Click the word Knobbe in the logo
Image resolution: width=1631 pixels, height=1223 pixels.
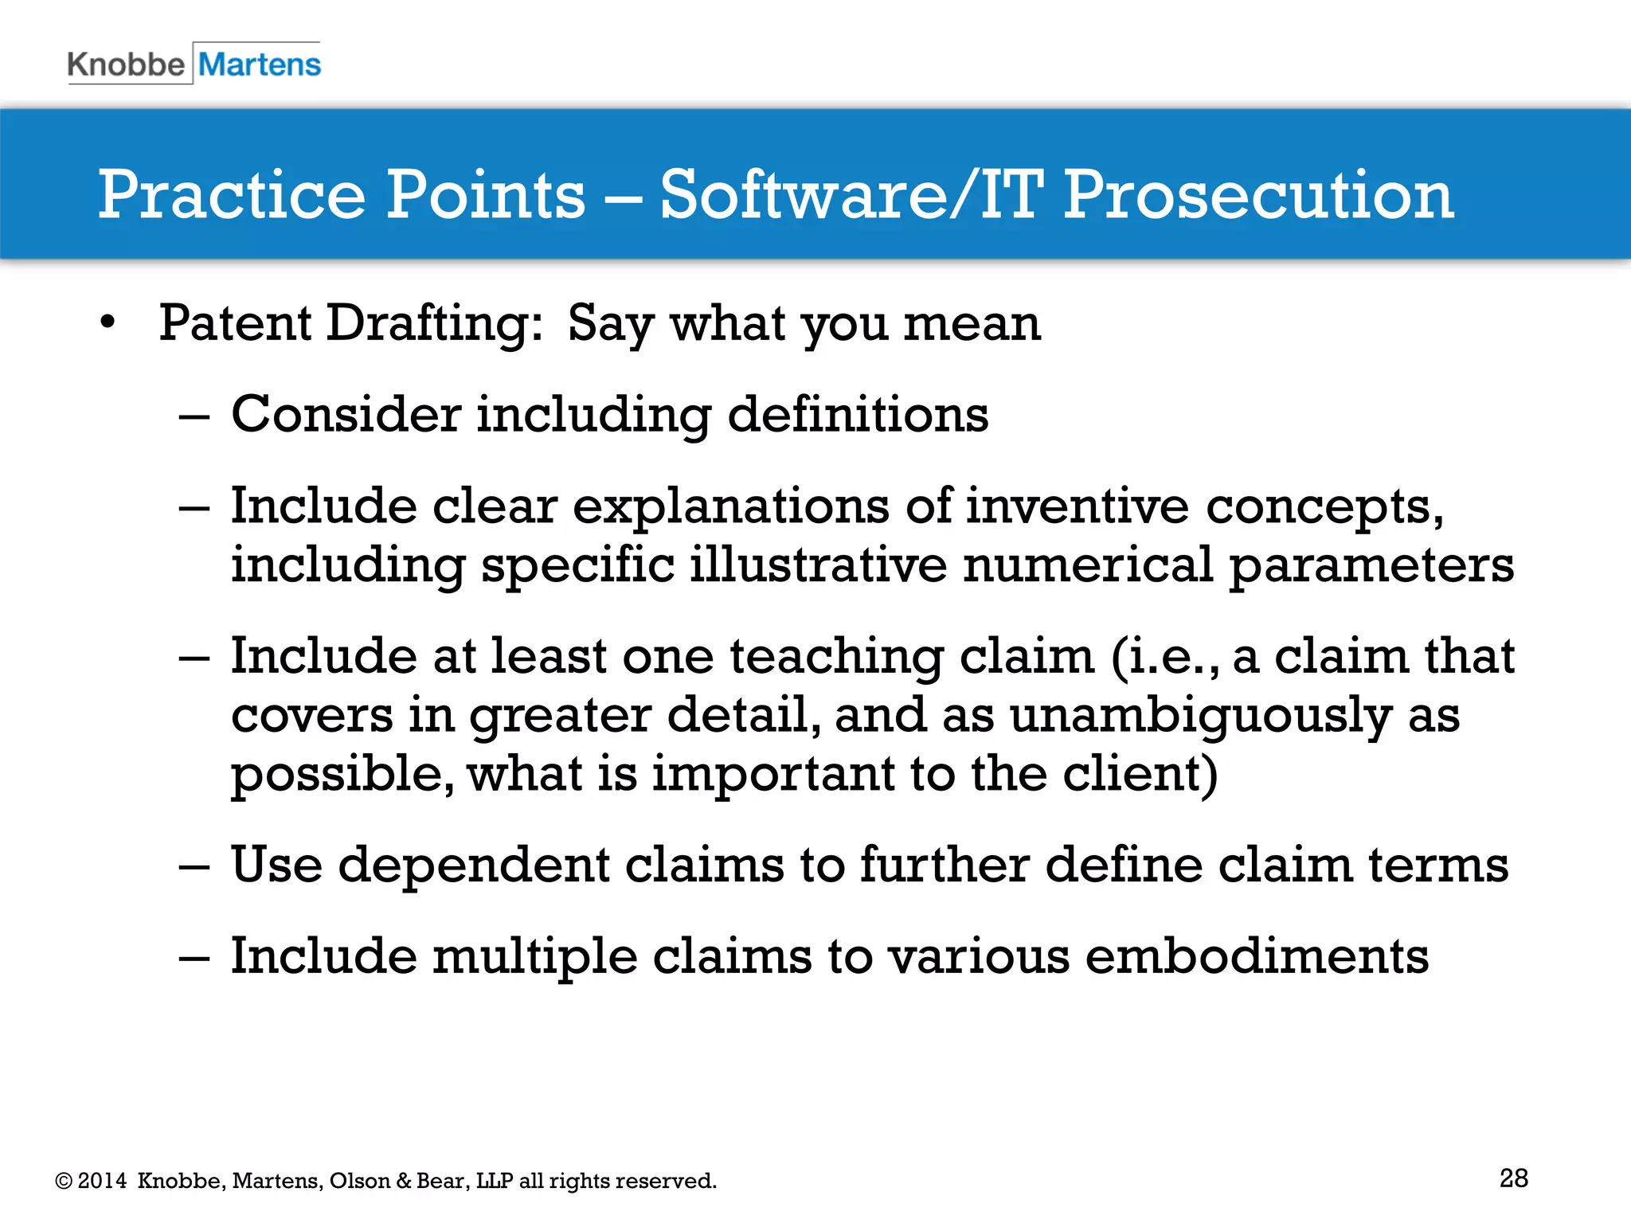click(x=126, y=64)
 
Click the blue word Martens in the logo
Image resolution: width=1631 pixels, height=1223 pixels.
click(x=260, y=64)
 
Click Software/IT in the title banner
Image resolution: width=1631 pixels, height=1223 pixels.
click(x=851, y=195)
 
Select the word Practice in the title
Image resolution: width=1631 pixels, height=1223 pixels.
click(x=232, y=195)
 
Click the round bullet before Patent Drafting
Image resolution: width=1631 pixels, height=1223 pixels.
click(x=108, y=323)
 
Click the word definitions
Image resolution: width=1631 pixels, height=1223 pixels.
click(x=858, y=415)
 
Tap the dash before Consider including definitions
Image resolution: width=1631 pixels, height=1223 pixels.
click(x=194, y=416)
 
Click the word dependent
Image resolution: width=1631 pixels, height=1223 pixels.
click(x=473, y=865)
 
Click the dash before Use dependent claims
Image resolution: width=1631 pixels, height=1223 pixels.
click(x=194, y=867)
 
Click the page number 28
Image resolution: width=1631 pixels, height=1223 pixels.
click(x=1513, y=1178)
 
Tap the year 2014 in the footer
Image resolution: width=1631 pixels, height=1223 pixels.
click(x=102, y=1181)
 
